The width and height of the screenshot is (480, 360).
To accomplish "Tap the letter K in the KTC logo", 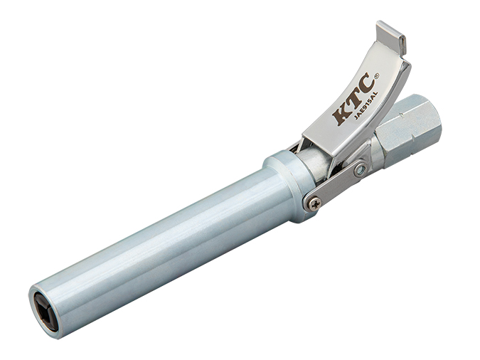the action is click(x=341, y=115).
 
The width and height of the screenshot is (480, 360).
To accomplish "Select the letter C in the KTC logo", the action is click(x=366, y=83).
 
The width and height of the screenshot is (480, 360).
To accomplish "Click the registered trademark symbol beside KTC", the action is click(x=377, y=75).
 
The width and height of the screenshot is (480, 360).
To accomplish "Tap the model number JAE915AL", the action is click(x=366, y=105).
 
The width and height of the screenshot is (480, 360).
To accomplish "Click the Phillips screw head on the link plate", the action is click(x=314, y=203).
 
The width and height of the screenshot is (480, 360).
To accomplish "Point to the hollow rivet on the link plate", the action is click(x=361, y=169).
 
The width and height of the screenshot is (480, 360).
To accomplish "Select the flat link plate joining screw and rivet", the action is click(x=337, y=186).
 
